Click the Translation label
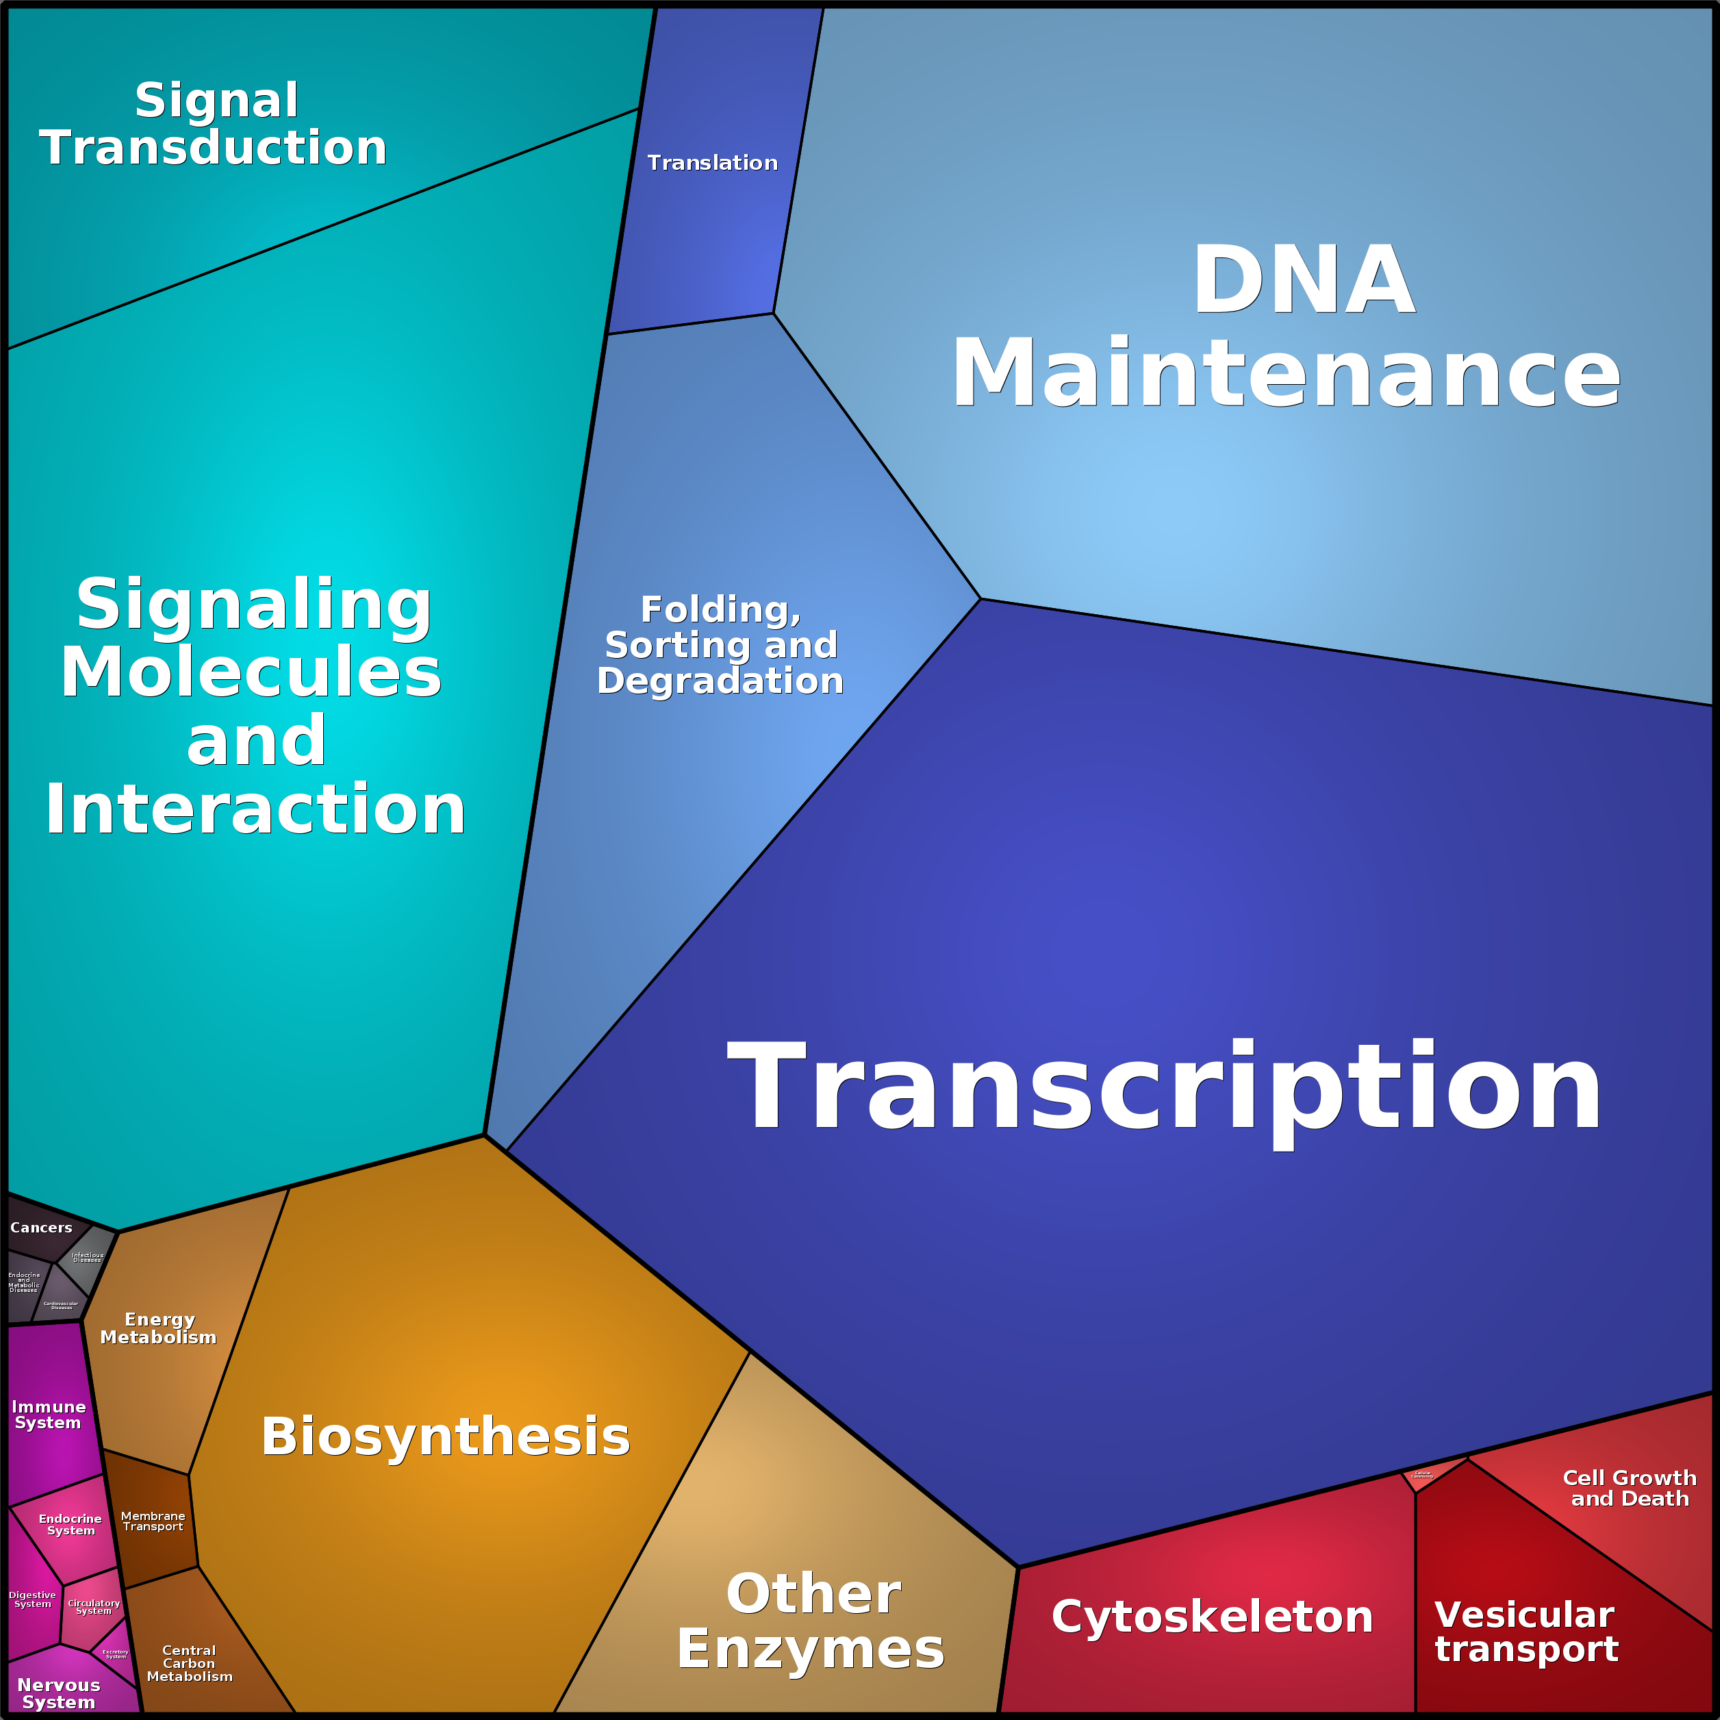[x=712, y=163]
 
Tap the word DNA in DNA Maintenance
[x=1304, y=281]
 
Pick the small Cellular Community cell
[x=1421, y=1475]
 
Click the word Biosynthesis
[x=445, y=1436]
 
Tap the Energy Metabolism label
[x=158, y=1328]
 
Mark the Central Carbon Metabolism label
[x=190, y=1663]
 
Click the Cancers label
[x=41, y=1228]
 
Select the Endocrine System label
[x=71, y=1524]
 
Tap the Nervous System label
[x=59, y=1693]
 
